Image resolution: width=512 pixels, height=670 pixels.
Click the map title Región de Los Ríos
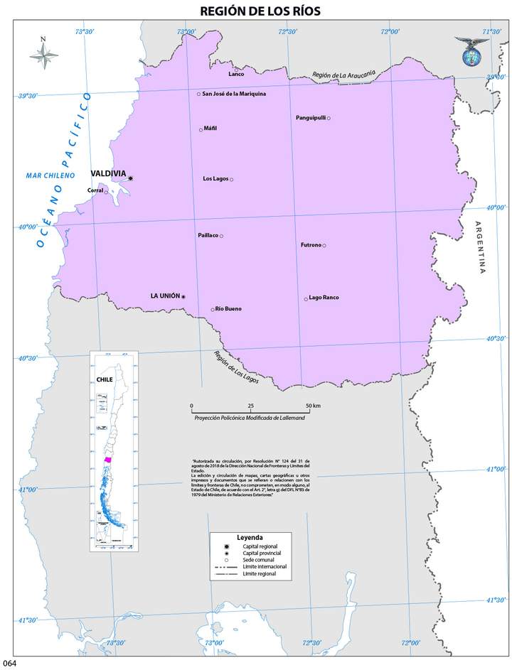pos(260,10)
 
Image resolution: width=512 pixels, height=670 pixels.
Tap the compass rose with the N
pos(44,55)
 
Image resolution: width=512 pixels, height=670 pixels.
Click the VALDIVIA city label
pos(108,173)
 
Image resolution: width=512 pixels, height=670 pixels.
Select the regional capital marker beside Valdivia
pos(130,178)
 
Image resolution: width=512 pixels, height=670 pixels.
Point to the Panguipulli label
pos(310,118)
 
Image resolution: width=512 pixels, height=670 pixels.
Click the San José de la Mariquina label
pos(234,94)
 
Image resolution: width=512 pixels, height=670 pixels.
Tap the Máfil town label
pos(210,129)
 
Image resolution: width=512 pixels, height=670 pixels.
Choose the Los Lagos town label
pos(215,178)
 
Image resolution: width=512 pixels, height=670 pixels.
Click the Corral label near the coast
pos(95,190)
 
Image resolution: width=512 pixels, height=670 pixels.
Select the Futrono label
pos(311,245)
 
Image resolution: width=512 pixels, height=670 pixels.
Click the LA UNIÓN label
pos(164,296)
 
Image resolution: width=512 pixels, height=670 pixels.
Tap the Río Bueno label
pos(228,309)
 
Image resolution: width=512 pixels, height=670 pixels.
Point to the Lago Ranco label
pos(324,298)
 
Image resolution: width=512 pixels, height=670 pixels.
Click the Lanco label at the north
pos(236,74)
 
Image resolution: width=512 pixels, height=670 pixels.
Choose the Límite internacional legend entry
pos(264,566)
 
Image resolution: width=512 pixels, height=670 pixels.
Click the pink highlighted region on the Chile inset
pos(107,460)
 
